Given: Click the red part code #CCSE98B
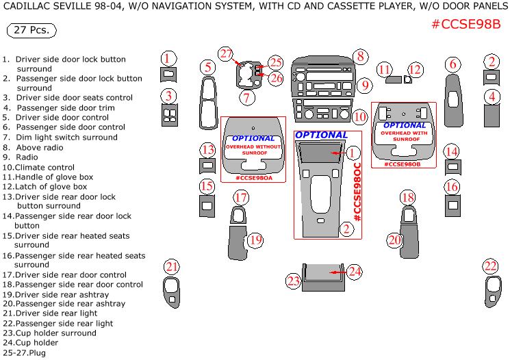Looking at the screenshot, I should click(466, 25).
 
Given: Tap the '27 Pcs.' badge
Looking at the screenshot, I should click(31, 31).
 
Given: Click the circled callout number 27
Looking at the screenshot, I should click(226, 54).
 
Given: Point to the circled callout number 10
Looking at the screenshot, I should click(360, 117).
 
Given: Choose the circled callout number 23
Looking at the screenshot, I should click(293, 281).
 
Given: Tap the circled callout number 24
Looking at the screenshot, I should click(354, 272).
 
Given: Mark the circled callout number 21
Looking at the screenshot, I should click(171, 266).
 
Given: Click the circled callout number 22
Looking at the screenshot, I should click(490, 266).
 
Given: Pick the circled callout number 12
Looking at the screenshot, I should click(415, 69).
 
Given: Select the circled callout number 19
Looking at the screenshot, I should click(255, 240).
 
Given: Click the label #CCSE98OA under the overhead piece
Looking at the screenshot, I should click(253, 178).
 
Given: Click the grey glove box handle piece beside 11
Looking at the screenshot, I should click(393, 79).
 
